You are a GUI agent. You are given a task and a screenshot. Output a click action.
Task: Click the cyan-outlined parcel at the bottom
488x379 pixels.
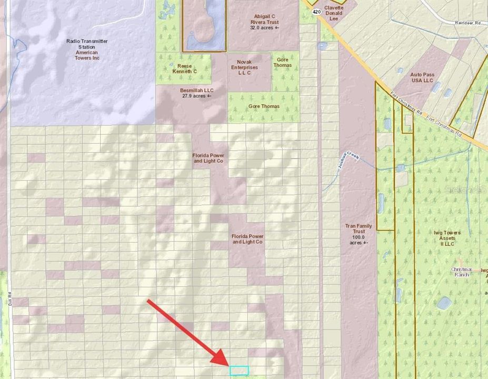tap(238, 371)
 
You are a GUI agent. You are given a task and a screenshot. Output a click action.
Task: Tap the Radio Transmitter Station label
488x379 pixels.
tap(87, 49)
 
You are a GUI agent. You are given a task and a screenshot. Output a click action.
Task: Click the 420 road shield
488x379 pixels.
tap(316, 11)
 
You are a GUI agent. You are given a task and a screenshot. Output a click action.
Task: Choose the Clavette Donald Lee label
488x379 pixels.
tap(333, 13)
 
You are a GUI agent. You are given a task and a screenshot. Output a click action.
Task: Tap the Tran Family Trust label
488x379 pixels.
tap(358, 232)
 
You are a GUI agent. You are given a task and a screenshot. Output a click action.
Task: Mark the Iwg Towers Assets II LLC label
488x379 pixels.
tap(447, 238)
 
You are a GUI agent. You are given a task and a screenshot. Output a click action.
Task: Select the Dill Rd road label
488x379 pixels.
tap(10, 301)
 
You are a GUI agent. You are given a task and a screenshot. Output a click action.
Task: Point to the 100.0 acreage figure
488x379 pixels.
tap(358, 237)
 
